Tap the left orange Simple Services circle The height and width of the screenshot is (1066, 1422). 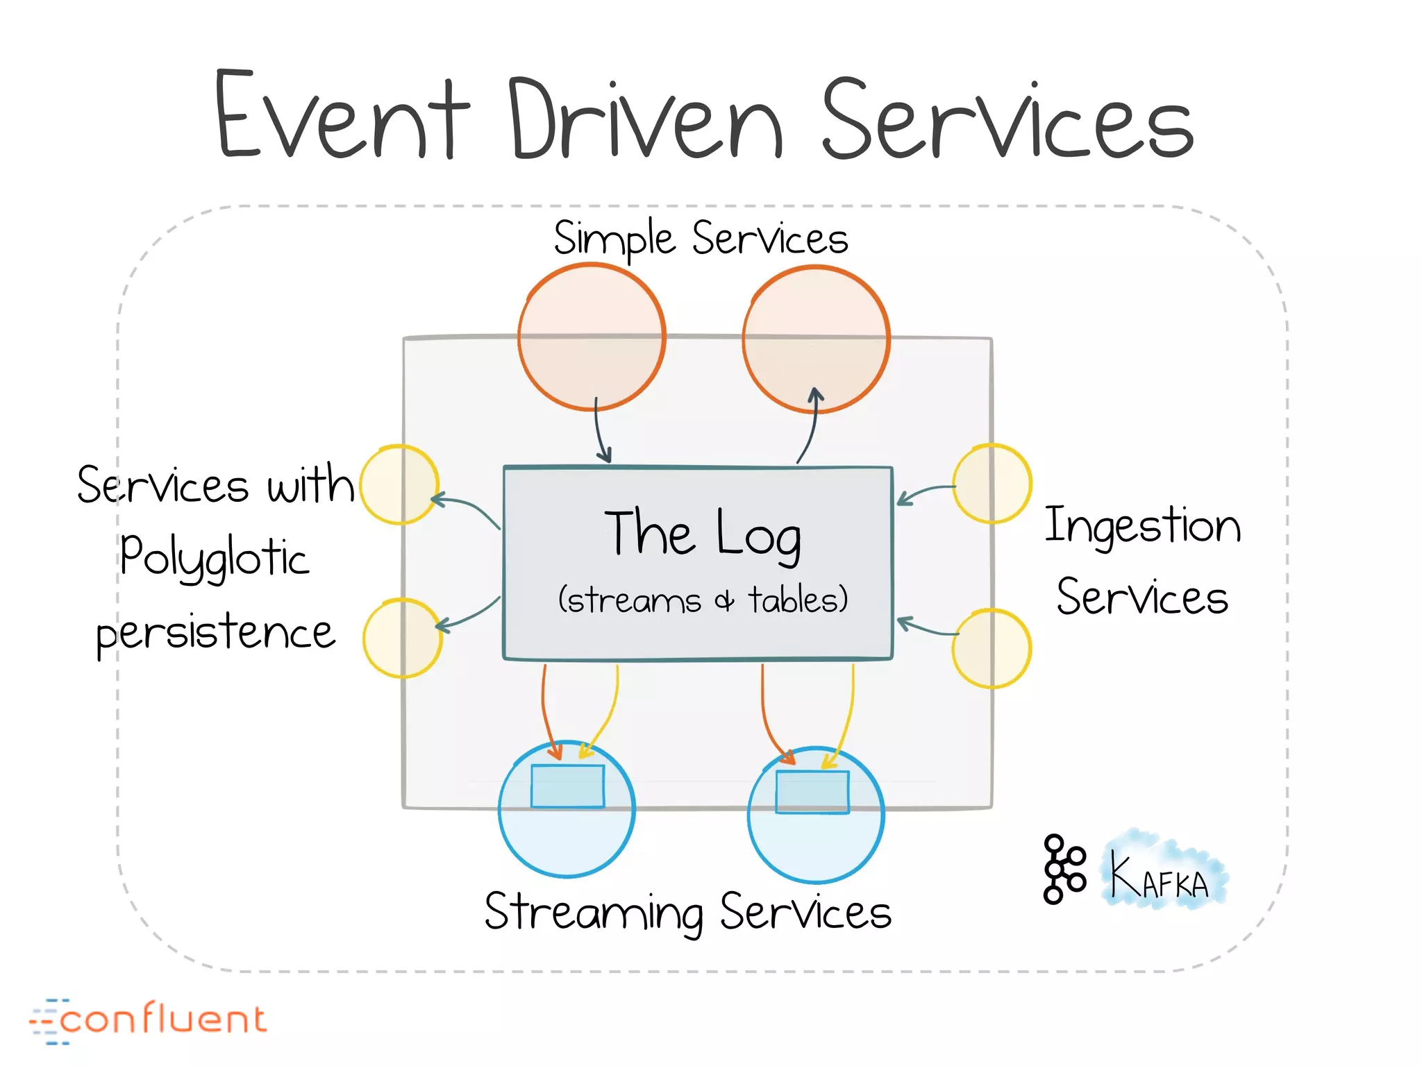[592, 337]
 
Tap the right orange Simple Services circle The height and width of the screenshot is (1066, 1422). [816, 339]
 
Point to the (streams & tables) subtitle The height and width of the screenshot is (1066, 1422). [703, 600]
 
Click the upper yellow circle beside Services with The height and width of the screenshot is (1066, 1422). [399, 484]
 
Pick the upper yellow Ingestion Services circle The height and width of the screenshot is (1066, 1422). [992, 484]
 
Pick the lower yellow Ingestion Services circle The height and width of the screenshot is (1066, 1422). [991, 649]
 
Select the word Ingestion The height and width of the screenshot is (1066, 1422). [1142, 526]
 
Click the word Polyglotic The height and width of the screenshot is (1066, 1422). [214, 557]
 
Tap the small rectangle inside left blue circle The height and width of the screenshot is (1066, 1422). [567, 786]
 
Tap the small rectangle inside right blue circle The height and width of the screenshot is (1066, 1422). [812, 792]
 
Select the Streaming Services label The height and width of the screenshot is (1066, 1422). [687, 912]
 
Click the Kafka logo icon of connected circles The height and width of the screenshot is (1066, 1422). [1063, 869]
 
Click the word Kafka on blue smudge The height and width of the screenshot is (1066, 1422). [1160, 876]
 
